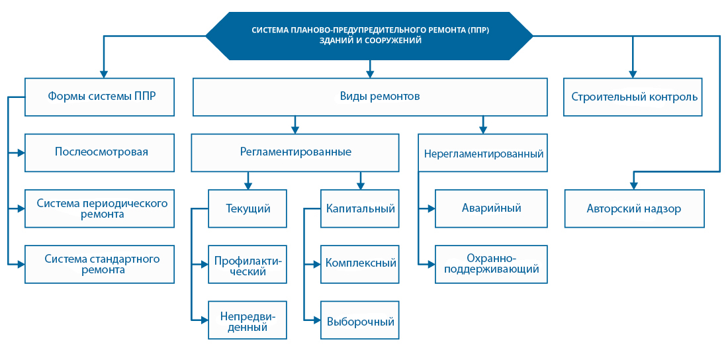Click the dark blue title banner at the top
pyautogui.click(x=369, y=35)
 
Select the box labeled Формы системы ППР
pyautogui.click(x=100, y=96)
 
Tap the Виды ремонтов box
pyautogui.click(x=369, y=97)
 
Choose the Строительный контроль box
pyautogui.click(x=634, y=97)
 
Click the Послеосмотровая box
pyautogui.click(x=100, y=152)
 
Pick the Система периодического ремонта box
pyautogui.click(x=100, y=208)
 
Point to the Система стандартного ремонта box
pyautogui.click(x=100, y=264)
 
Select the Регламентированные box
pyautogui.click(x=295, y=152)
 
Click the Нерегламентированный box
pyautogui.click(x=483, y=154)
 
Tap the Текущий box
pyautogui.click(x=248, y=208)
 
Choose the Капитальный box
pyautogui.click(x=360, y=208)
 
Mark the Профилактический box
pyautogui.click(x=248, y=265)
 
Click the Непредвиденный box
pyautogui.click(x=248, y=320)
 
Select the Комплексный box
pyautogui.click(x=360, y=263)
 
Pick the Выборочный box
pyautogui.click(x=360, y=322)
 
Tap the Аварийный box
pyautogui.click(x=491, y=208)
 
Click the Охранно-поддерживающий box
pyautogui.click(x=491, y=264)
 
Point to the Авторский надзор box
pyautogui.click(x=634, y=208)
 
